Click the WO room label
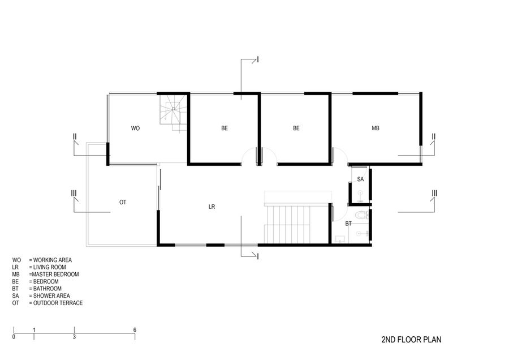(x=135, y=128)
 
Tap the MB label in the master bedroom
(x=376, y=128)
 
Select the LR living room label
(x=212, y=207)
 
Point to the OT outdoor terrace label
(x=123, y=203)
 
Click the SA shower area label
(x=360, y=179)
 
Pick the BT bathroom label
(x=348, y=224)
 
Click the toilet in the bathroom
(x=361, y=215)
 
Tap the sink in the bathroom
(x=340, y=239)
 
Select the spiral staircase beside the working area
(x=174, y=113)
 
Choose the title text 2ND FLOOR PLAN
(x=411, y=340)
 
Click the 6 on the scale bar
(x=135, y=330)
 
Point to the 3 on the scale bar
(x=74, y=337)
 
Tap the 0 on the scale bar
(x=14, y=337)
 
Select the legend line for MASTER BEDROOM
(x=45, y=274)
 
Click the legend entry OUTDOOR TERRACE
(x=48, y=303)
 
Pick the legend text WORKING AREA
(x=42, y=260)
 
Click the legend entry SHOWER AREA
(x=41, y=295)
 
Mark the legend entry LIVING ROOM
(x=39, y=267)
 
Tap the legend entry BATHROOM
(x=37, y=289)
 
